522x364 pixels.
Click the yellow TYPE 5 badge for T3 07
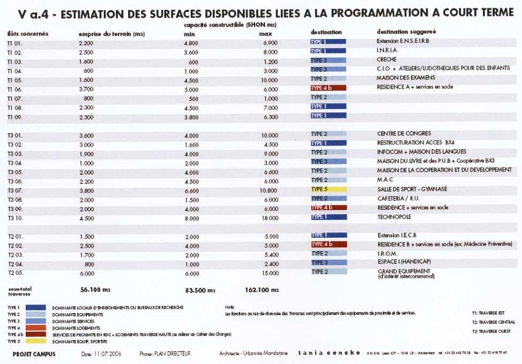pos(328,189)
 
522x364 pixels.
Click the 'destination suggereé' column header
pos(398,32)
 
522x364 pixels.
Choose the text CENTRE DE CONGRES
pos(404,134)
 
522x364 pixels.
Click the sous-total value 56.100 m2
pos(95,290)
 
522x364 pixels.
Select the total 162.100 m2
pos(263,290)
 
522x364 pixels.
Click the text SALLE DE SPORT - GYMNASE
pos(411,189)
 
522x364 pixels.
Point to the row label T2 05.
pos(15,272)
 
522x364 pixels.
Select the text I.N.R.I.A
pos(386,51)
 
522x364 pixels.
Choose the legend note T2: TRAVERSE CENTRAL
pos(493,322)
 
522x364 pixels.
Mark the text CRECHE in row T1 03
pos(386,60)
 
